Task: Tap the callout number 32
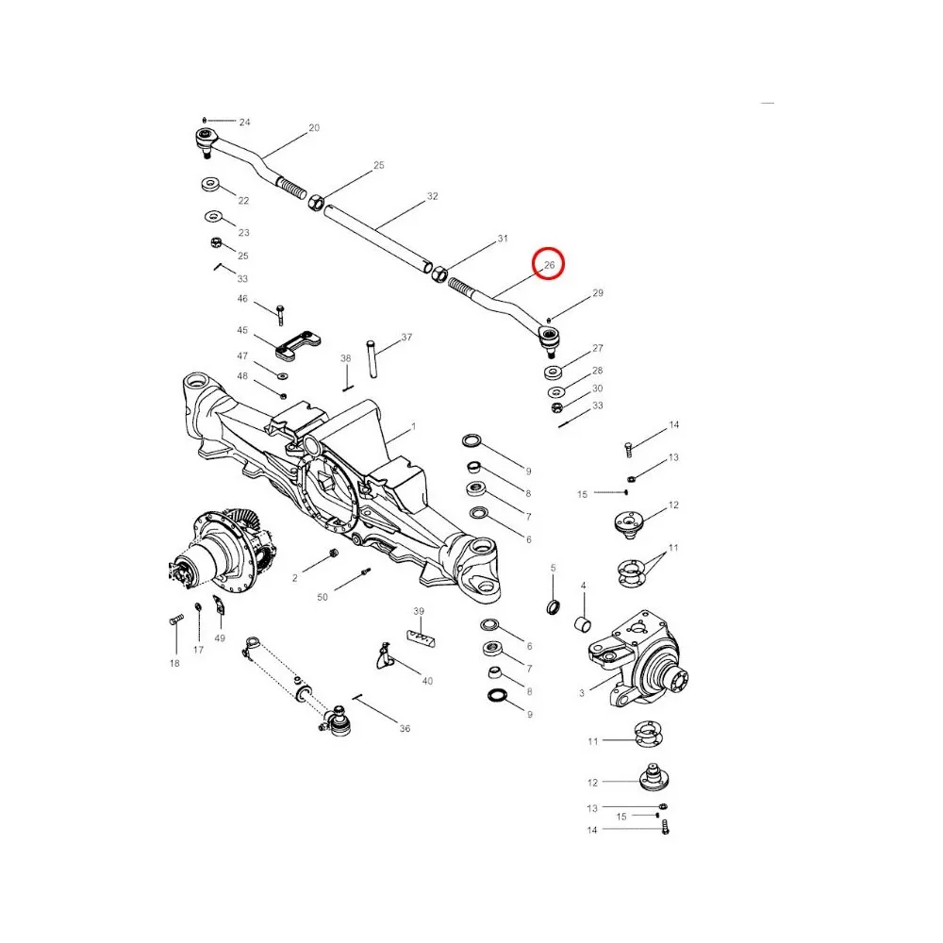tap(433, 196)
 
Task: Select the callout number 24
tap(245, 123)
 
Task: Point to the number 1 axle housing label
tap(412, 428)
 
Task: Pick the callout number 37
tap(406, 337)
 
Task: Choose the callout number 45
tap(242, 331)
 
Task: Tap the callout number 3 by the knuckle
tap(582, 693)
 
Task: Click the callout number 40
tap(427, 680)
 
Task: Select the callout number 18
tap(174, 664)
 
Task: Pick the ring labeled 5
tap(554, 604)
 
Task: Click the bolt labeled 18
tap(175, 620)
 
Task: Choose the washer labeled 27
tap(554, 371)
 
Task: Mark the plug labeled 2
tap(333, 554)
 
